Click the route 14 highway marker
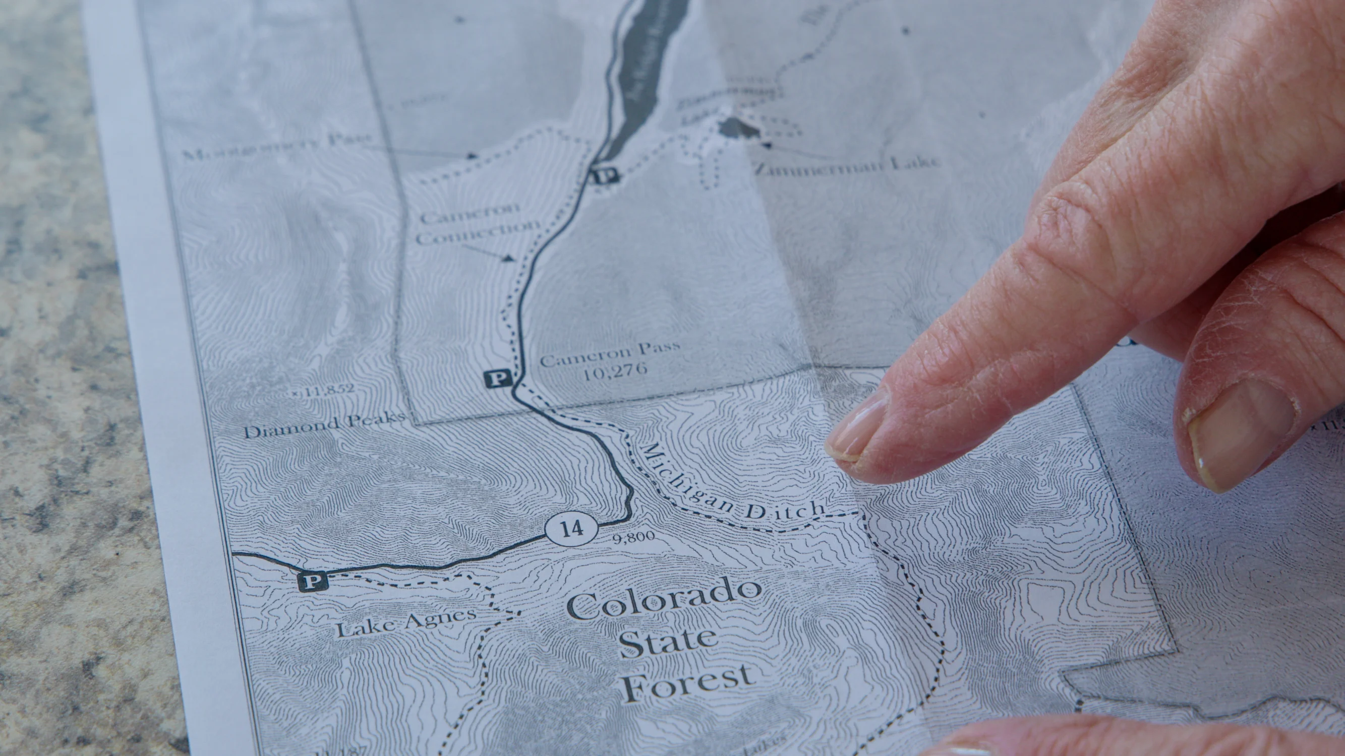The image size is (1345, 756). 572,530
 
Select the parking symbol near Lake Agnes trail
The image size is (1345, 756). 313,580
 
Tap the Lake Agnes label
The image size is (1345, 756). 405,623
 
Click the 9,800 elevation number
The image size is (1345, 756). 634,537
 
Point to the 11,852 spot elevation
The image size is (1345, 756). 324,389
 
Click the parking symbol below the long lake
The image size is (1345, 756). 605,175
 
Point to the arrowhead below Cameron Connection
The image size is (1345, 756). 508,258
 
